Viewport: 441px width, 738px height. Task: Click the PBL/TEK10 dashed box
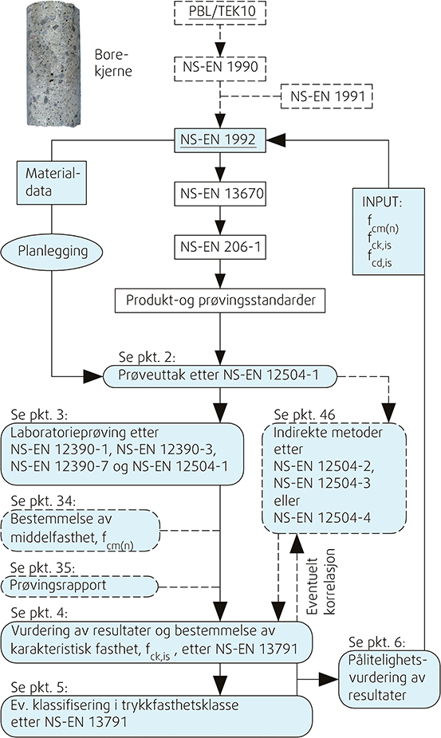(220, 13)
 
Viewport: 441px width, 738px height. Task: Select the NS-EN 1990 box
(220, 66)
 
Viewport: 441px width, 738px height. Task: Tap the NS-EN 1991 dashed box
(327, 96)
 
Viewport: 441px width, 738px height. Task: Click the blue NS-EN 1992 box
(220, 139)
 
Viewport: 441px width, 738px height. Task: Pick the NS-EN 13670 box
(220, 193)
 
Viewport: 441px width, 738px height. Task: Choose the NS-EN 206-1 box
(220, 246)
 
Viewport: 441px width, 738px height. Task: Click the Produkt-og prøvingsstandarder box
(220, 300)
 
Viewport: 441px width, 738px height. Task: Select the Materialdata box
(51, 183)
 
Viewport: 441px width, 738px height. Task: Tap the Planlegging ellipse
(53, 250)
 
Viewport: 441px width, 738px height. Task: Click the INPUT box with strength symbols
(388, 232)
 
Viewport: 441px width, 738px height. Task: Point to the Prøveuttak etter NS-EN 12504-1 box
(220, 376)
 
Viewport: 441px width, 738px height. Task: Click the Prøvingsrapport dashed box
(80, 587)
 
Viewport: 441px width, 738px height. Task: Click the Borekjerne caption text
(113, 63)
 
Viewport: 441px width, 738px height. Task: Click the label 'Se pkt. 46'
(305, 414)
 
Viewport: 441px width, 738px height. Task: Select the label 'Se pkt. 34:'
(43, 501)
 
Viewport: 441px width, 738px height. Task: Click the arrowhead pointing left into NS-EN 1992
(276, 139)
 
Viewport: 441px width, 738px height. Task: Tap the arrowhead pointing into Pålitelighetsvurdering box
(329, 679)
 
